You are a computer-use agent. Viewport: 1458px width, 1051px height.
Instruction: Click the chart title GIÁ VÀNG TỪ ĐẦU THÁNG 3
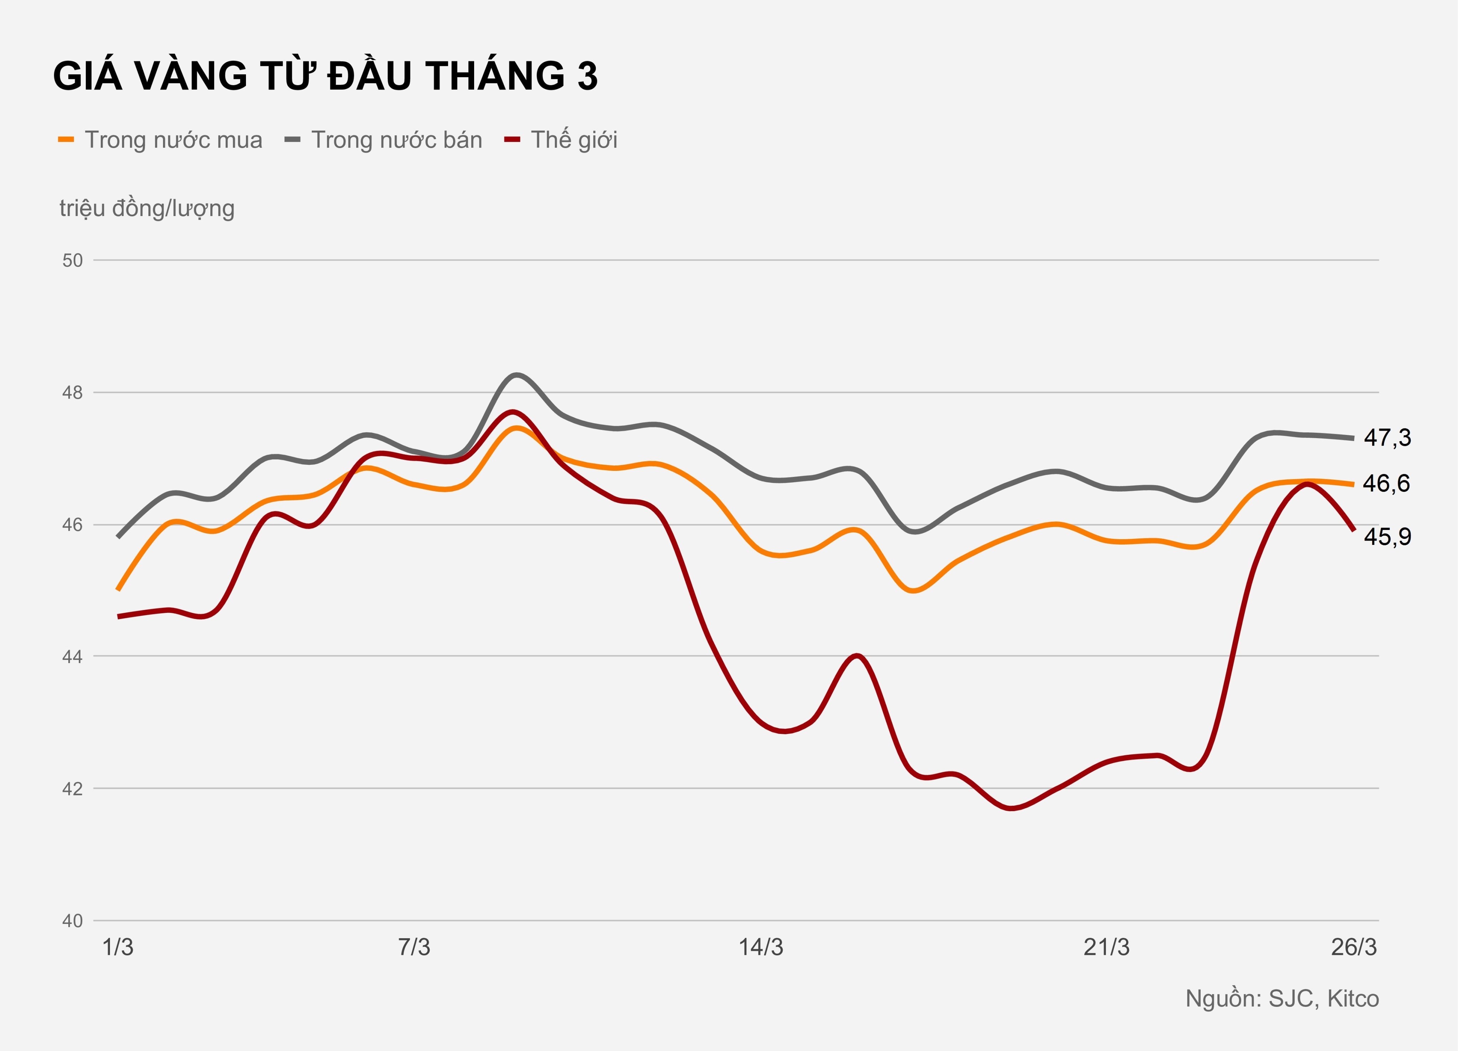point(325,76)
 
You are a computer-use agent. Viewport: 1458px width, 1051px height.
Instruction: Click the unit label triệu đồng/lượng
point(147,208)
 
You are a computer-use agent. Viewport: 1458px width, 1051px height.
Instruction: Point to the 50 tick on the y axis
point(73,260)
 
